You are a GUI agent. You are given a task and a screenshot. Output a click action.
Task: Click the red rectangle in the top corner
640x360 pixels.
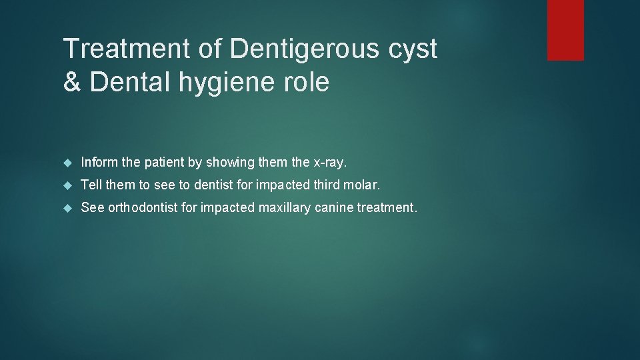(565, 30)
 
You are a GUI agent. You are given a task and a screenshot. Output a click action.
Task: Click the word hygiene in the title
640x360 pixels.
(237, 83)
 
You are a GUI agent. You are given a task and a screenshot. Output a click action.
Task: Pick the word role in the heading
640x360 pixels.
(308, 83)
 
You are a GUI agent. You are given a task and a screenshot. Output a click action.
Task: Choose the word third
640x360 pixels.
(326, 185)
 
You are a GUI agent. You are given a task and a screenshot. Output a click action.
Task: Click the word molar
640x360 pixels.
(364, 185)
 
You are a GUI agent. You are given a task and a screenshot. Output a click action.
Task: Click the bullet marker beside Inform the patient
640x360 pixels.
(67, 162)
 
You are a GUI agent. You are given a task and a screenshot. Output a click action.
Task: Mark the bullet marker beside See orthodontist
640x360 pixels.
(67, 207)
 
